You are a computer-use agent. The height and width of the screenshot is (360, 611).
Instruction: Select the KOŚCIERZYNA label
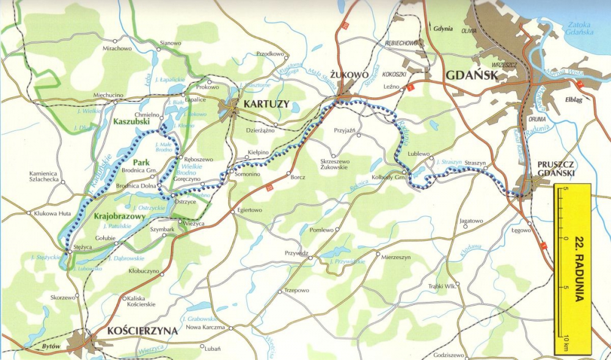pyautogui.click(x=142, y=331)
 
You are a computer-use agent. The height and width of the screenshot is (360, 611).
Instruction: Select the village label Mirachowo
pyautogui.click(x=117, y=48)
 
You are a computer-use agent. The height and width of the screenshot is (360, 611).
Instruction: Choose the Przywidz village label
pyautogui.click(x=296, y=252)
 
